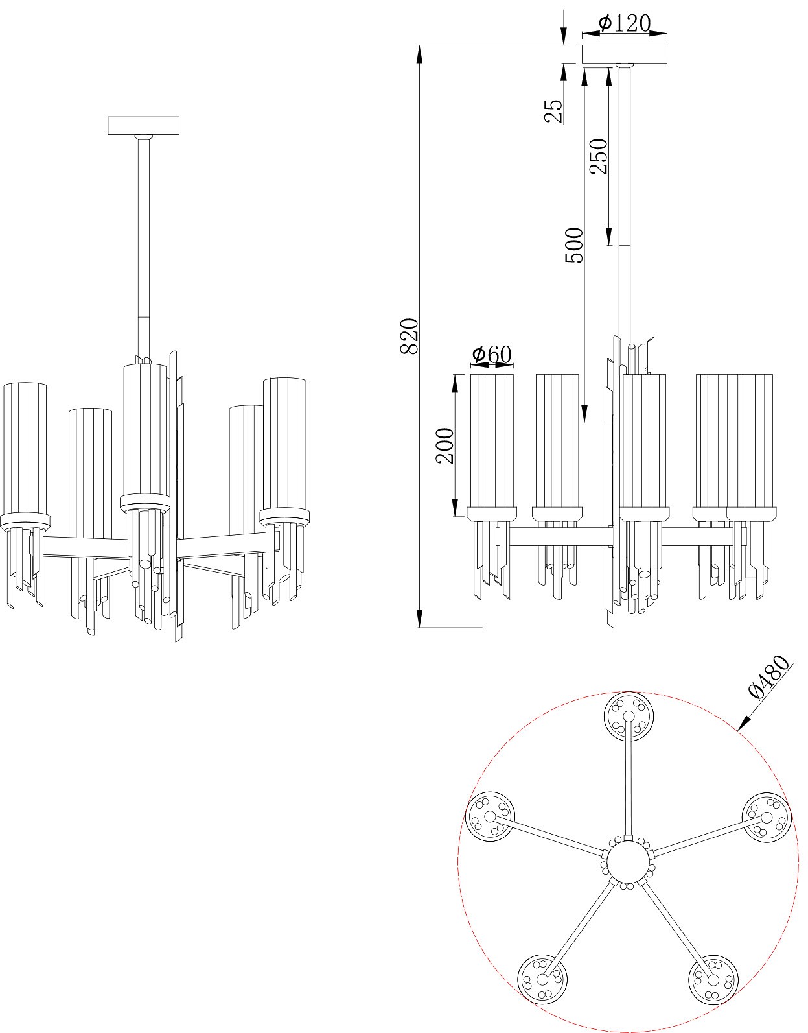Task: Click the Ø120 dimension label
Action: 624,22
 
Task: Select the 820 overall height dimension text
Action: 410,336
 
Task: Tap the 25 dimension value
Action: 554,111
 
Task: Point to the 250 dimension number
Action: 599,156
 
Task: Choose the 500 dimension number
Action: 573,245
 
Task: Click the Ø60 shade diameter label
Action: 492,354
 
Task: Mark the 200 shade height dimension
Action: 445,445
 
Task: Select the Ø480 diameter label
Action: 770,678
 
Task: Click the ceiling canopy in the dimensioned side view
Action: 625,54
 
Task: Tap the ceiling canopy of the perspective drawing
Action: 143,126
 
